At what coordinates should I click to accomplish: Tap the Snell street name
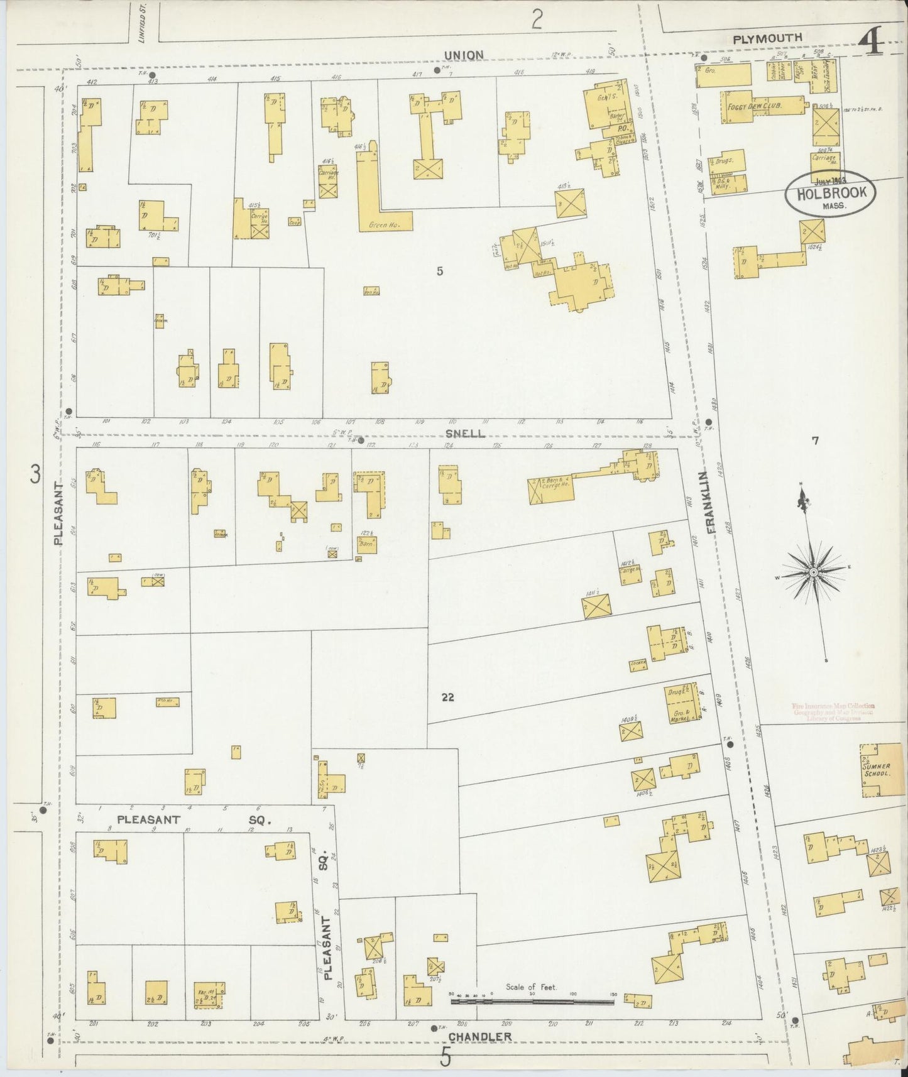(466, 434)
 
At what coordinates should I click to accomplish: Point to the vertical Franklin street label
(712, 503)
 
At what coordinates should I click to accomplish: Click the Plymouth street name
(768, 38)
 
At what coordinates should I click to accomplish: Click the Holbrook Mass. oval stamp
(830, 194)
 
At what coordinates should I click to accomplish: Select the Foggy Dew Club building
(753, 107)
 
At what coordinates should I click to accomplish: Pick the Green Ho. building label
(386, 224)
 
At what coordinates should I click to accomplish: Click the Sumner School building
(876, 770)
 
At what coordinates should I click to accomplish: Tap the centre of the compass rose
(813, 572)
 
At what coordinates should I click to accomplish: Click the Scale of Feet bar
(532, 1001)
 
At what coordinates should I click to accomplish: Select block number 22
(447, 697)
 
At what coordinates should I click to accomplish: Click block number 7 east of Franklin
(815, 441)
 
